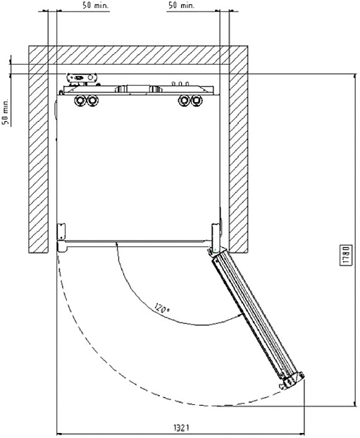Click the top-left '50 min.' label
click(x=95, y=6)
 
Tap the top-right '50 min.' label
click(x=181, y=6)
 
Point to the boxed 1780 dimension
click(x=345, y=255)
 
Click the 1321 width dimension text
click(x=182, y=427)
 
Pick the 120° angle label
click(x=162, y=308)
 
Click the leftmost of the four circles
click(x=80, y=100)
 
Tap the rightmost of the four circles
click(x=197, y=101)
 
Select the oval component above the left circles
click(x=82, y=77)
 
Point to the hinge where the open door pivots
click(x=215, y=250)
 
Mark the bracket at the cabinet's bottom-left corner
click(x=61, y=231)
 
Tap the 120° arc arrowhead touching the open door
click(x=240, y=316)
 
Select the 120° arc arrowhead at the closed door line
click(x=116, y=245)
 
